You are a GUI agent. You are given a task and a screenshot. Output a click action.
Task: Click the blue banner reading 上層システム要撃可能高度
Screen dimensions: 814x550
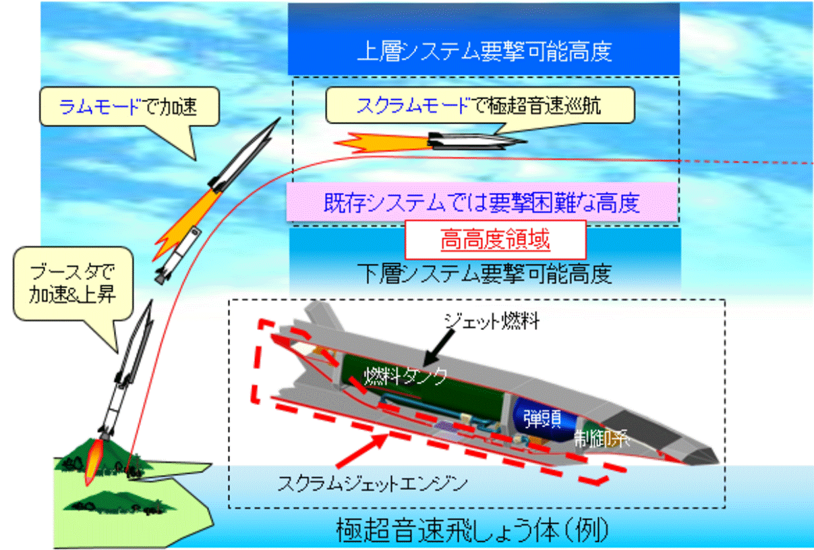(484, 52)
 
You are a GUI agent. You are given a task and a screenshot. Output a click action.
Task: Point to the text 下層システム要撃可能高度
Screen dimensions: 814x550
(484, 274)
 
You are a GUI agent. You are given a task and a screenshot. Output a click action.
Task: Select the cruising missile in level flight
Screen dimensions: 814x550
(475, 140)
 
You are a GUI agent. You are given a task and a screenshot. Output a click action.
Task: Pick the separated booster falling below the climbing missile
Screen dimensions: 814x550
(177, 253)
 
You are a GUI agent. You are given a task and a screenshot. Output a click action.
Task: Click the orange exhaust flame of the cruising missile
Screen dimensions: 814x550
(381, 141)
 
